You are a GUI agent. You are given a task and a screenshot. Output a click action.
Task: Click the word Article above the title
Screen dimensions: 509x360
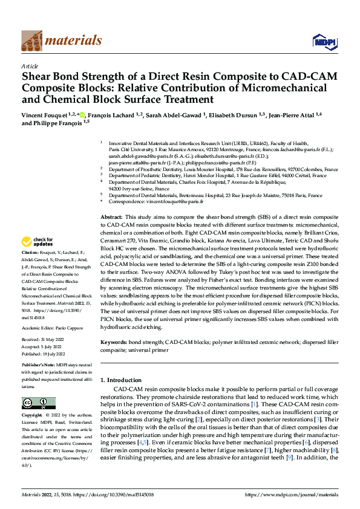30,66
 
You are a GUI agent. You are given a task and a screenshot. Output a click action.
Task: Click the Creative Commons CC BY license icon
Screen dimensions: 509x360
38,403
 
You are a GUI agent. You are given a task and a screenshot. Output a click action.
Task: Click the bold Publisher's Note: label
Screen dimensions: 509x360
40,366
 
